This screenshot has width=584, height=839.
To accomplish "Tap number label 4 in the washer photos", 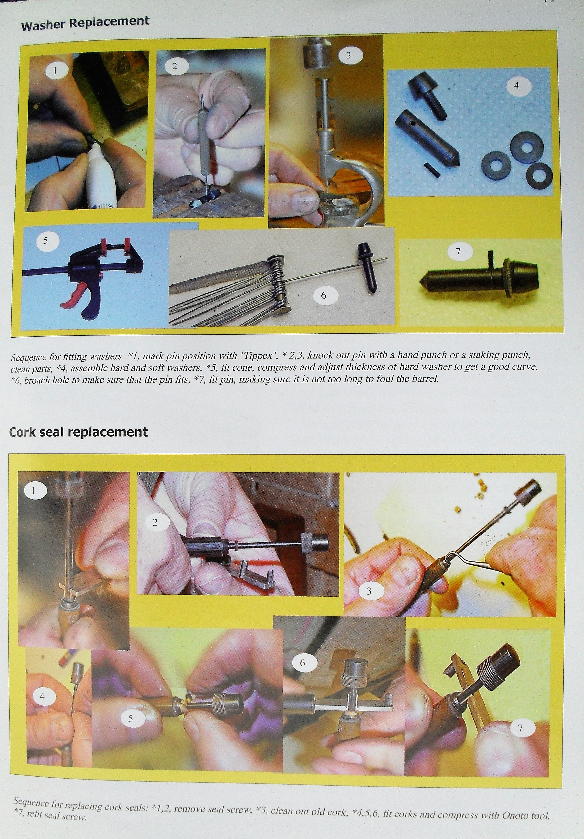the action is (516, 85).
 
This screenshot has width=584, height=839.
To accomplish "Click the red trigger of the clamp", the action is (74, 298).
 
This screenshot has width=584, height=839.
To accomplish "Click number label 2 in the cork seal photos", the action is (155, 522).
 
